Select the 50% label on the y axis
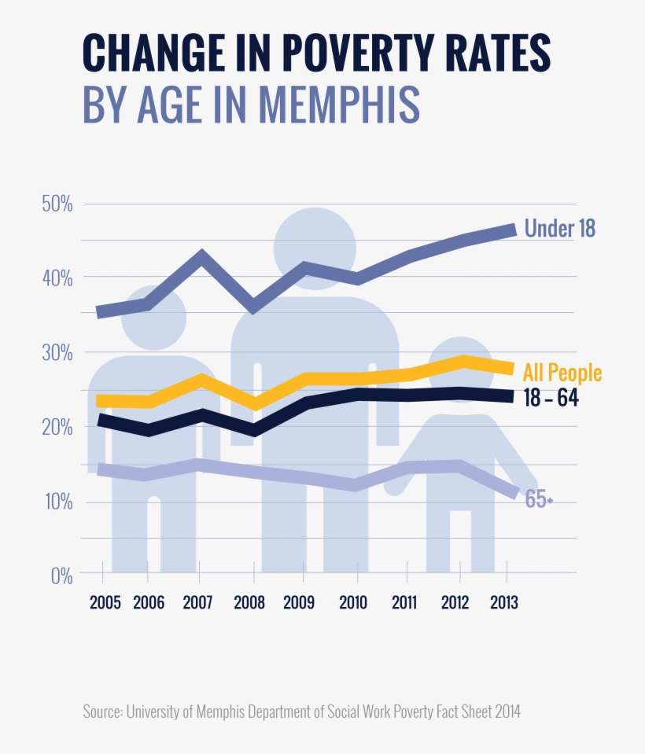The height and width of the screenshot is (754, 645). coord(57,204)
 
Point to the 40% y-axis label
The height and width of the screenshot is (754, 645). coord(57,278)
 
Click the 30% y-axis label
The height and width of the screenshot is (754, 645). coord(57,353)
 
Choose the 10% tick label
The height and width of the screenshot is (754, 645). coord(57,502)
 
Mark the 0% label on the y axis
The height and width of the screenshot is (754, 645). coord(61,576)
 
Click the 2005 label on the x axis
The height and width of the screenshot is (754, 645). coord(105,603)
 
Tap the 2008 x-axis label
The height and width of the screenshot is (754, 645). coord(250,603)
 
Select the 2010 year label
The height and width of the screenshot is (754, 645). coord(353,603)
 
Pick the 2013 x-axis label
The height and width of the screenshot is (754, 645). coord(503,603)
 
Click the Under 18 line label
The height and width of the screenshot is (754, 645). coord(559,229)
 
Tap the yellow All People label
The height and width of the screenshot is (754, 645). coord(563,372)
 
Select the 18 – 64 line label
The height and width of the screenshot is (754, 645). coord(551,399)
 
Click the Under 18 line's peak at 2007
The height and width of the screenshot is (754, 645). coord(202,257)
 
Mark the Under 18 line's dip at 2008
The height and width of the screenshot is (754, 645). coord(252,306)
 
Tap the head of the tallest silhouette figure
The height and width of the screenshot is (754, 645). coord(314,248)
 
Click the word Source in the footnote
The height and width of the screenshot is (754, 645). coord(101,712)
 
